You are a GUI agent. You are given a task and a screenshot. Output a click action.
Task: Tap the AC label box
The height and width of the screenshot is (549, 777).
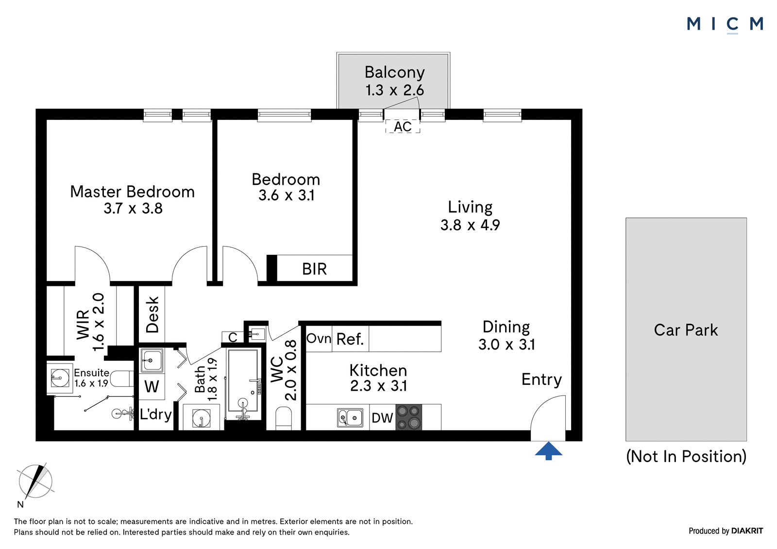point(403,127)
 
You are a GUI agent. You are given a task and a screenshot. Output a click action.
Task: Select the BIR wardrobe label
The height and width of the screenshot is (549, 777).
point(314,269)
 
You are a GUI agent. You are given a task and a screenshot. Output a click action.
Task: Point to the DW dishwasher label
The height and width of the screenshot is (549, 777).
point(382,418)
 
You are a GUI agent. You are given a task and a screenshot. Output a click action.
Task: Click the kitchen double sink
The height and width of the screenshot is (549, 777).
point(350,417)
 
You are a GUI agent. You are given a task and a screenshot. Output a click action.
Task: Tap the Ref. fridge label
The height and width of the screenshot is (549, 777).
point(350,339)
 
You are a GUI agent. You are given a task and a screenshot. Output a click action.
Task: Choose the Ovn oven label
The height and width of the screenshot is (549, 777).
point(319,338)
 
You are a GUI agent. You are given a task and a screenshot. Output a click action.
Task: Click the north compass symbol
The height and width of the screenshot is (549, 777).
point(35,482)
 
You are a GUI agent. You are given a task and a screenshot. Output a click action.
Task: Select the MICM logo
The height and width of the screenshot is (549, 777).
point(725,25)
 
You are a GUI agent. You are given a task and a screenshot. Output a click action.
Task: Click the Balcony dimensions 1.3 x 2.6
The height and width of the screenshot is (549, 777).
point(394,90)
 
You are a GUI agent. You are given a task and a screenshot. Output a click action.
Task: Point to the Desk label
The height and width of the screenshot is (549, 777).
point(152,315)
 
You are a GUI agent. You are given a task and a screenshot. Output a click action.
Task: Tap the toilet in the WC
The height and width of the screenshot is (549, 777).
point(284,418)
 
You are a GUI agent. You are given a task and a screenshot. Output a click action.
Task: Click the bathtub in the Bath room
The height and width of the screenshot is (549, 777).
point(243,384)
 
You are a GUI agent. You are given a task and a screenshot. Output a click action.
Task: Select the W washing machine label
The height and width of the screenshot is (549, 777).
point(152,386)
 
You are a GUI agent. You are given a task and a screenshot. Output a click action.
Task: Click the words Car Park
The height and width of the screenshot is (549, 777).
point(686,330)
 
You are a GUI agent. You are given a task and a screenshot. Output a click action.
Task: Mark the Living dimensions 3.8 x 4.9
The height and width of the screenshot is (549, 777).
point(470,225)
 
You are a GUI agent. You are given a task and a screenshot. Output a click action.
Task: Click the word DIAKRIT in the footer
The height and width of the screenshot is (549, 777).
point(747,531)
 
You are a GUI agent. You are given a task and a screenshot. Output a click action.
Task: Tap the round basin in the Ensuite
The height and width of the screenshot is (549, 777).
point(60,378)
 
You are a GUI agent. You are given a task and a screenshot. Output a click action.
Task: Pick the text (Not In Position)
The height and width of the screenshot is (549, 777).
point(686,456)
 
